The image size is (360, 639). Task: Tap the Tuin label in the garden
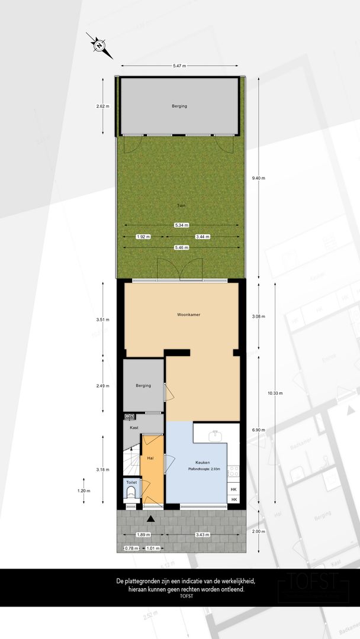181,205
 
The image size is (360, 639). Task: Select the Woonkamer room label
188,315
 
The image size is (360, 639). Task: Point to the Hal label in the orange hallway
150,458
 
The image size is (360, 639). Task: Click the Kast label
134,427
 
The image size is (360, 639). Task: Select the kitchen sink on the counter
216,437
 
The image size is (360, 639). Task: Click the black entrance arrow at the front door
152,519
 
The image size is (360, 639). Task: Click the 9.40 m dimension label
259,178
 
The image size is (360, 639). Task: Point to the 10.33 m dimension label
275,393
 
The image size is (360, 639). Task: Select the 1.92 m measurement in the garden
143,236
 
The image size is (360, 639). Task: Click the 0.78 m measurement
131,548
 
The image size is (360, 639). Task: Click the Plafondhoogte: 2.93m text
204,469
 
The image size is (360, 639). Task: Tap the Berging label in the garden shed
179,106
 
